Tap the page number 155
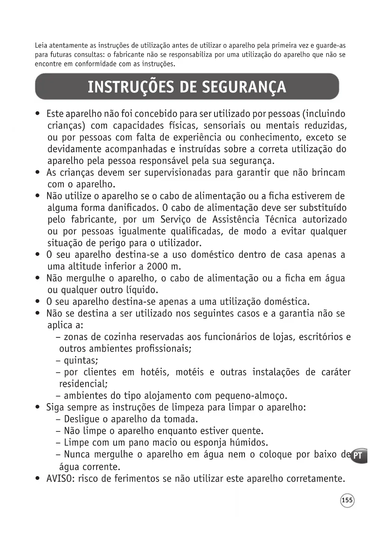(x=347, y=500)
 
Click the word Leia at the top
(x=41, y=46)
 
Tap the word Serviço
(x=176, y=220)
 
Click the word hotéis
(x=155, y=372)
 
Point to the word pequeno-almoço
(x=251, y=396)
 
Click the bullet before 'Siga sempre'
(x=38, y=407)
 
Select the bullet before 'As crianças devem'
(x=38, y=173)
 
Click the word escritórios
(x=321, y=337)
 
